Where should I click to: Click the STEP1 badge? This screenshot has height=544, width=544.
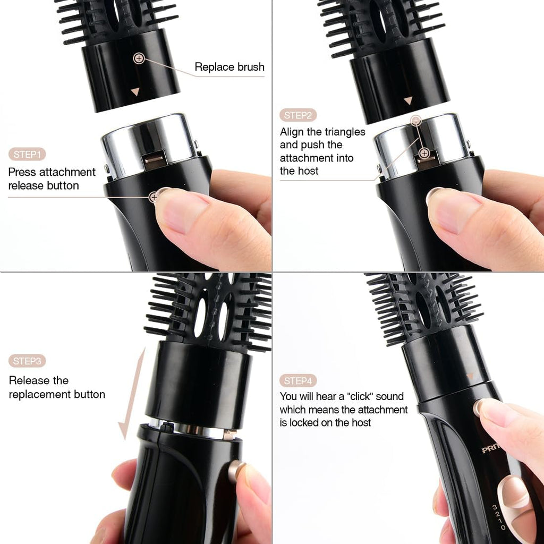pyautogui.click(x=27, y=154)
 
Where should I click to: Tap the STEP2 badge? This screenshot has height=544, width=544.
pyautogui.click(x=298, y=115)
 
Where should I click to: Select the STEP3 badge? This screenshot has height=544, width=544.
pyautogui.click(x=27, y=361)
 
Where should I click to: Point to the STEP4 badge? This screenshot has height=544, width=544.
pyautogui.click(x=298, y=381)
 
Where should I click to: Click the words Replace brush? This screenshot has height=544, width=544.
pyautogui.click(x=229, y=67)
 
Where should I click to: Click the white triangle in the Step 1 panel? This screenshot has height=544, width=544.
pyautogui.click(x=135, y=91)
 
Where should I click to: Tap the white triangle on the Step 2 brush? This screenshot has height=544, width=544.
pyautogui.click(x=409, y=100)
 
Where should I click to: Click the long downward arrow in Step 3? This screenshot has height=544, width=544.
pyautogui.click(x=132, y=394)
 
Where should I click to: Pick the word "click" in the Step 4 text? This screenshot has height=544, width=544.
pyautogui.click(x=360, y=396)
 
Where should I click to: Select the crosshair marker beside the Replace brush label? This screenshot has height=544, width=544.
pyautogui.click(x=139, y=58)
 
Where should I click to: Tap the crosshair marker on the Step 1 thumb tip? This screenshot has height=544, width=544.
pyautogui.click(x=154, y=198)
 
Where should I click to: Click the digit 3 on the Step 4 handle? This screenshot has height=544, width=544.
pyautogui.click(x=495, y=507)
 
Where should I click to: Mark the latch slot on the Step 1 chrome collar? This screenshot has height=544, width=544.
pyautogui.click(x=155, y=159)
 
